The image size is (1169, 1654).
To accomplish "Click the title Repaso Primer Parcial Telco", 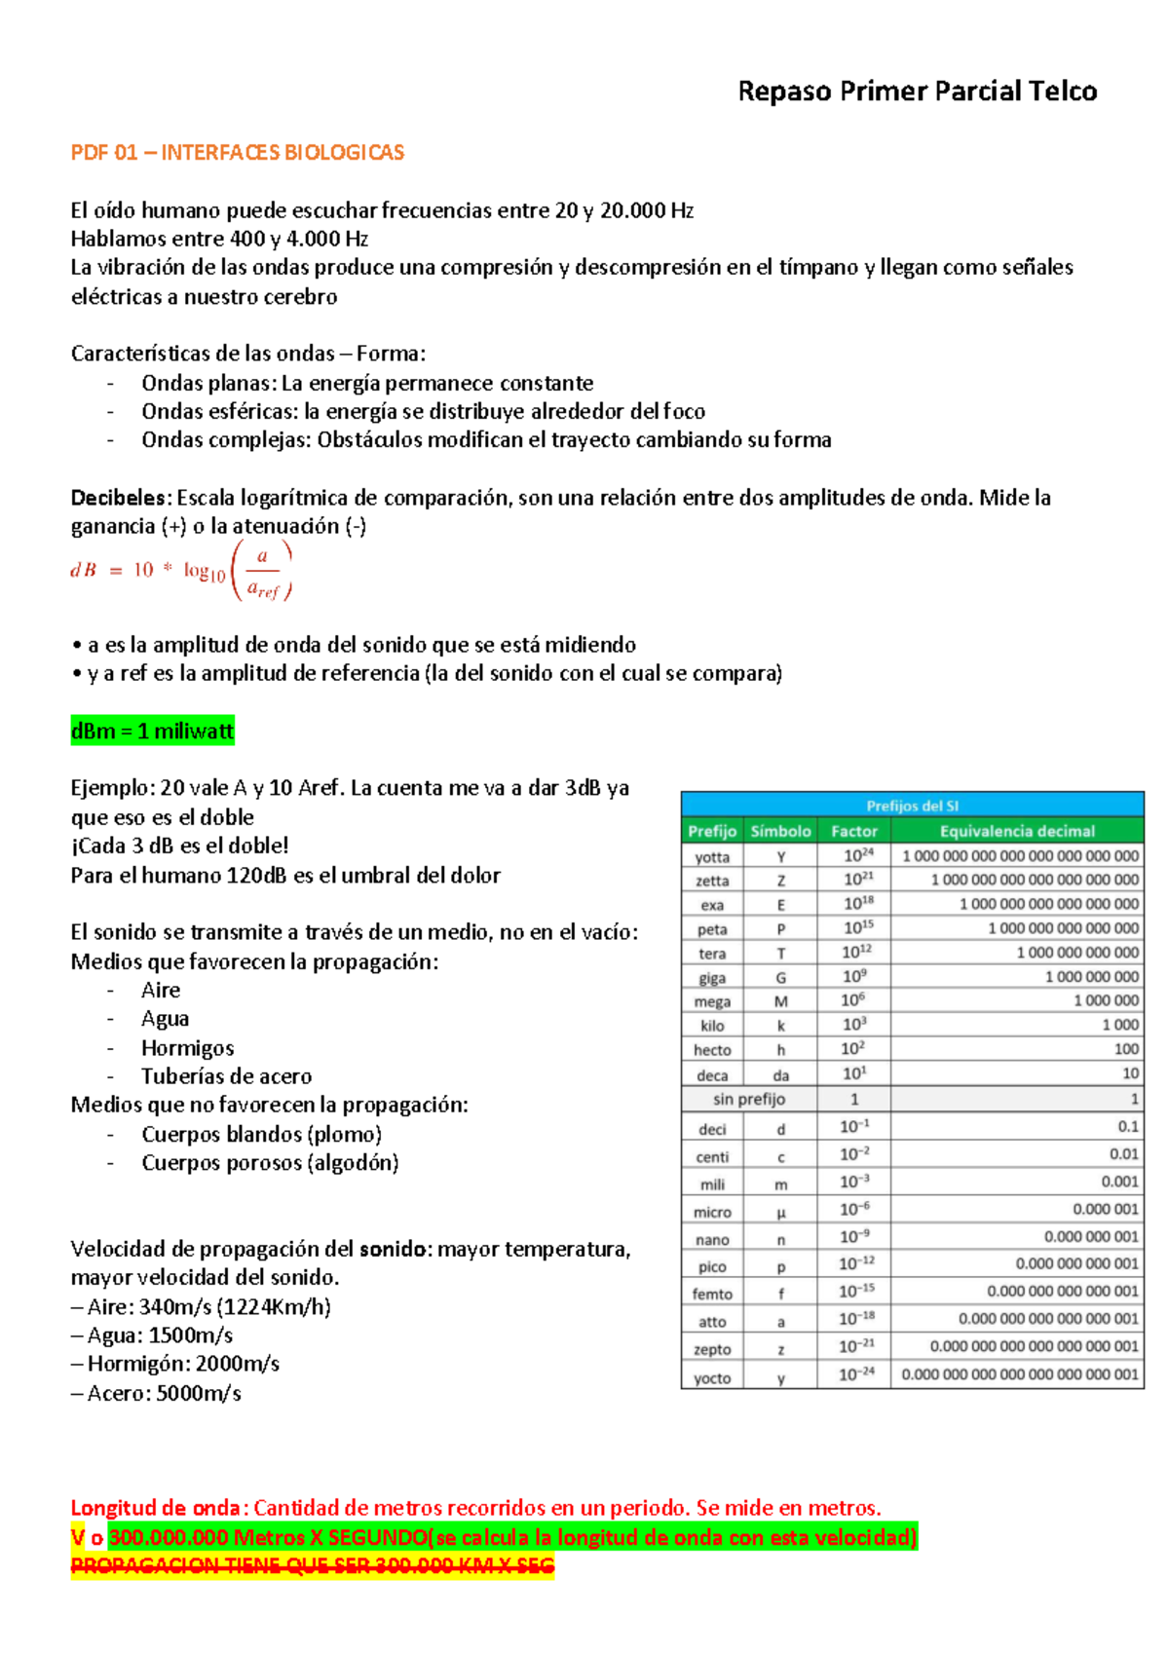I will (x=917, y=92).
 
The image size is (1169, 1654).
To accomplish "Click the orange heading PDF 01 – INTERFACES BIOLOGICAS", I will (x=237, y=152).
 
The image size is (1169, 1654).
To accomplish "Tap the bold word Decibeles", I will (x=120, y=498).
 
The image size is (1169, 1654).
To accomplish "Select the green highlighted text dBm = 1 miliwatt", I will (x=153, y=731).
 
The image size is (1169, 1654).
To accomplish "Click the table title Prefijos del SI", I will (x=912, y=806).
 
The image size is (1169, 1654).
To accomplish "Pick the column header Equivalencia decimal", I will (x=1016, y=831).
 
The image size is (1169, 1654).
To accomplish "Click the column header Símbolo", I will (x=780, y=831).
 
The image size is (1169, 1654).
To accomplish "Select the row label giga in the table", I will (x=712, y=977).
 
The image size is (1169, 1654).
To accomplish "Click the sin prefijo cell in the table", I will (x=748, y=1099).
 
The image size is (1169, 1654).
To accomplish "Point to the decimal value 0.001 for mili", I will (x=1119, y=1181).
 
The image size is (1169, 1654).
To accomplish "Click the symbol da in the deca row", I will (x=780, y=1075).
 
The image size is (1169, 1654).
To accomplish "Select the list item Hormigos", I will (x=187, y=1048).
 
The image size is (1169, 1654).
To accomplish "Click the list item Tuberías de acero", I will (x=226, y=1076).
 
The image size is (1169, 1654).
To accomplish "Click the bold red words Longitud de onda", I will (x=155, y=1508).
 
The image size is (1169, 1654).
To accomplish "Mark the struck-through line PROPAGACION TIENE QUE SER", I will (x=312, y=1565).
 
